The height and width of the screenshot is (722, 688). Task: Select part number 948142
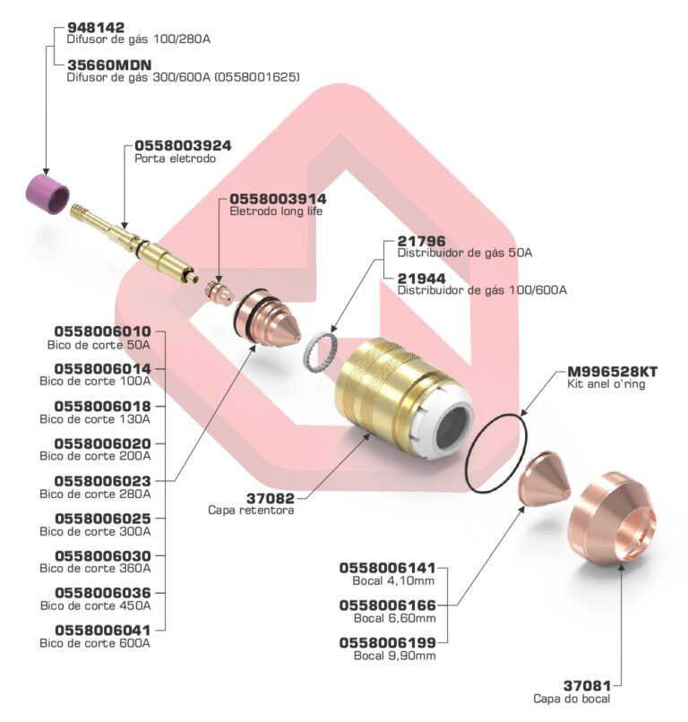[96, 28]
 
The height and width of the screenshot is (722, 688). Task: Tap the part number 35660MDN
[109, 65]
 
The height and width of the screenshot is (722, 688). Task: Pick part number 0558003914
[278, 198]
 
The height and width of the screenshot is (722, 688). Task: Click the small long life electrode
[215, 291]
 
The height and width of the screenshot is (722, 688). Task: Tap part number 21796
[421, 241]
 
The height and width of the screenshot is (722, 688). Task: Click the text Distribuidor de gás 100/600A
[482, 290]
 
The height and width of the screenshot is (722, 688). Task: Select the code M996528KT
[613, 371]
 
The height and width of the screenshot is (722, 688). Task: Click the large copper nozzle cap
[614, 519]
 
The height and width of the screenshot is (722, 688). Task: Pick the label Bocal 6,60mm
[394, 618]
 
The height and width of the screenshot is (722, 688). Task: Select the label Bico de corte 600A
[95, 643]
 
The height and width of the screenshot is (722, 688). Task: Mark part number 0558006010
[102, 331]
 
